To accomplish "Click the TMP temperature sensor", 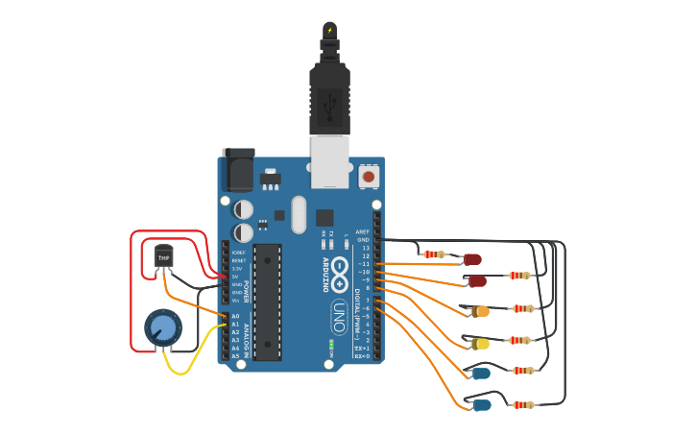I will click(164, 257).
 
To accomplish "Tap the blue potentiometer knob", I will click(163, 328).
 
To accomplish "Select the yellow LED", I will click(480, 343).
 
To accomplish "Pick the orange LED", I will click(480, 311).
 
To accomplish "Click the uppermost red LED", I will click(472, 258).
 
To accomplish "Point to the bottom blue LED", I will click(481, 404).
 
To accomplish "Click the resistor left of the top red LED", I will click(435, 254).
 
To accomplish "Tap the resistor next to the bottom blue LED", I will click(523, 405).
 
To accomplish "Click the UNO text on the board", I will click(338, 316).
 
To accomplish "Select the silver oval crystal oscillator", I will click(299, 214).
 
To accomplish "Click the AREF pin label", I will click(363, 231).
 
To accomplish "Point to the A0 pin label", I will click(235, 316).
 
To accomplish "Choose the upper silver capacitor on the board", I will click(244, 208).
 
